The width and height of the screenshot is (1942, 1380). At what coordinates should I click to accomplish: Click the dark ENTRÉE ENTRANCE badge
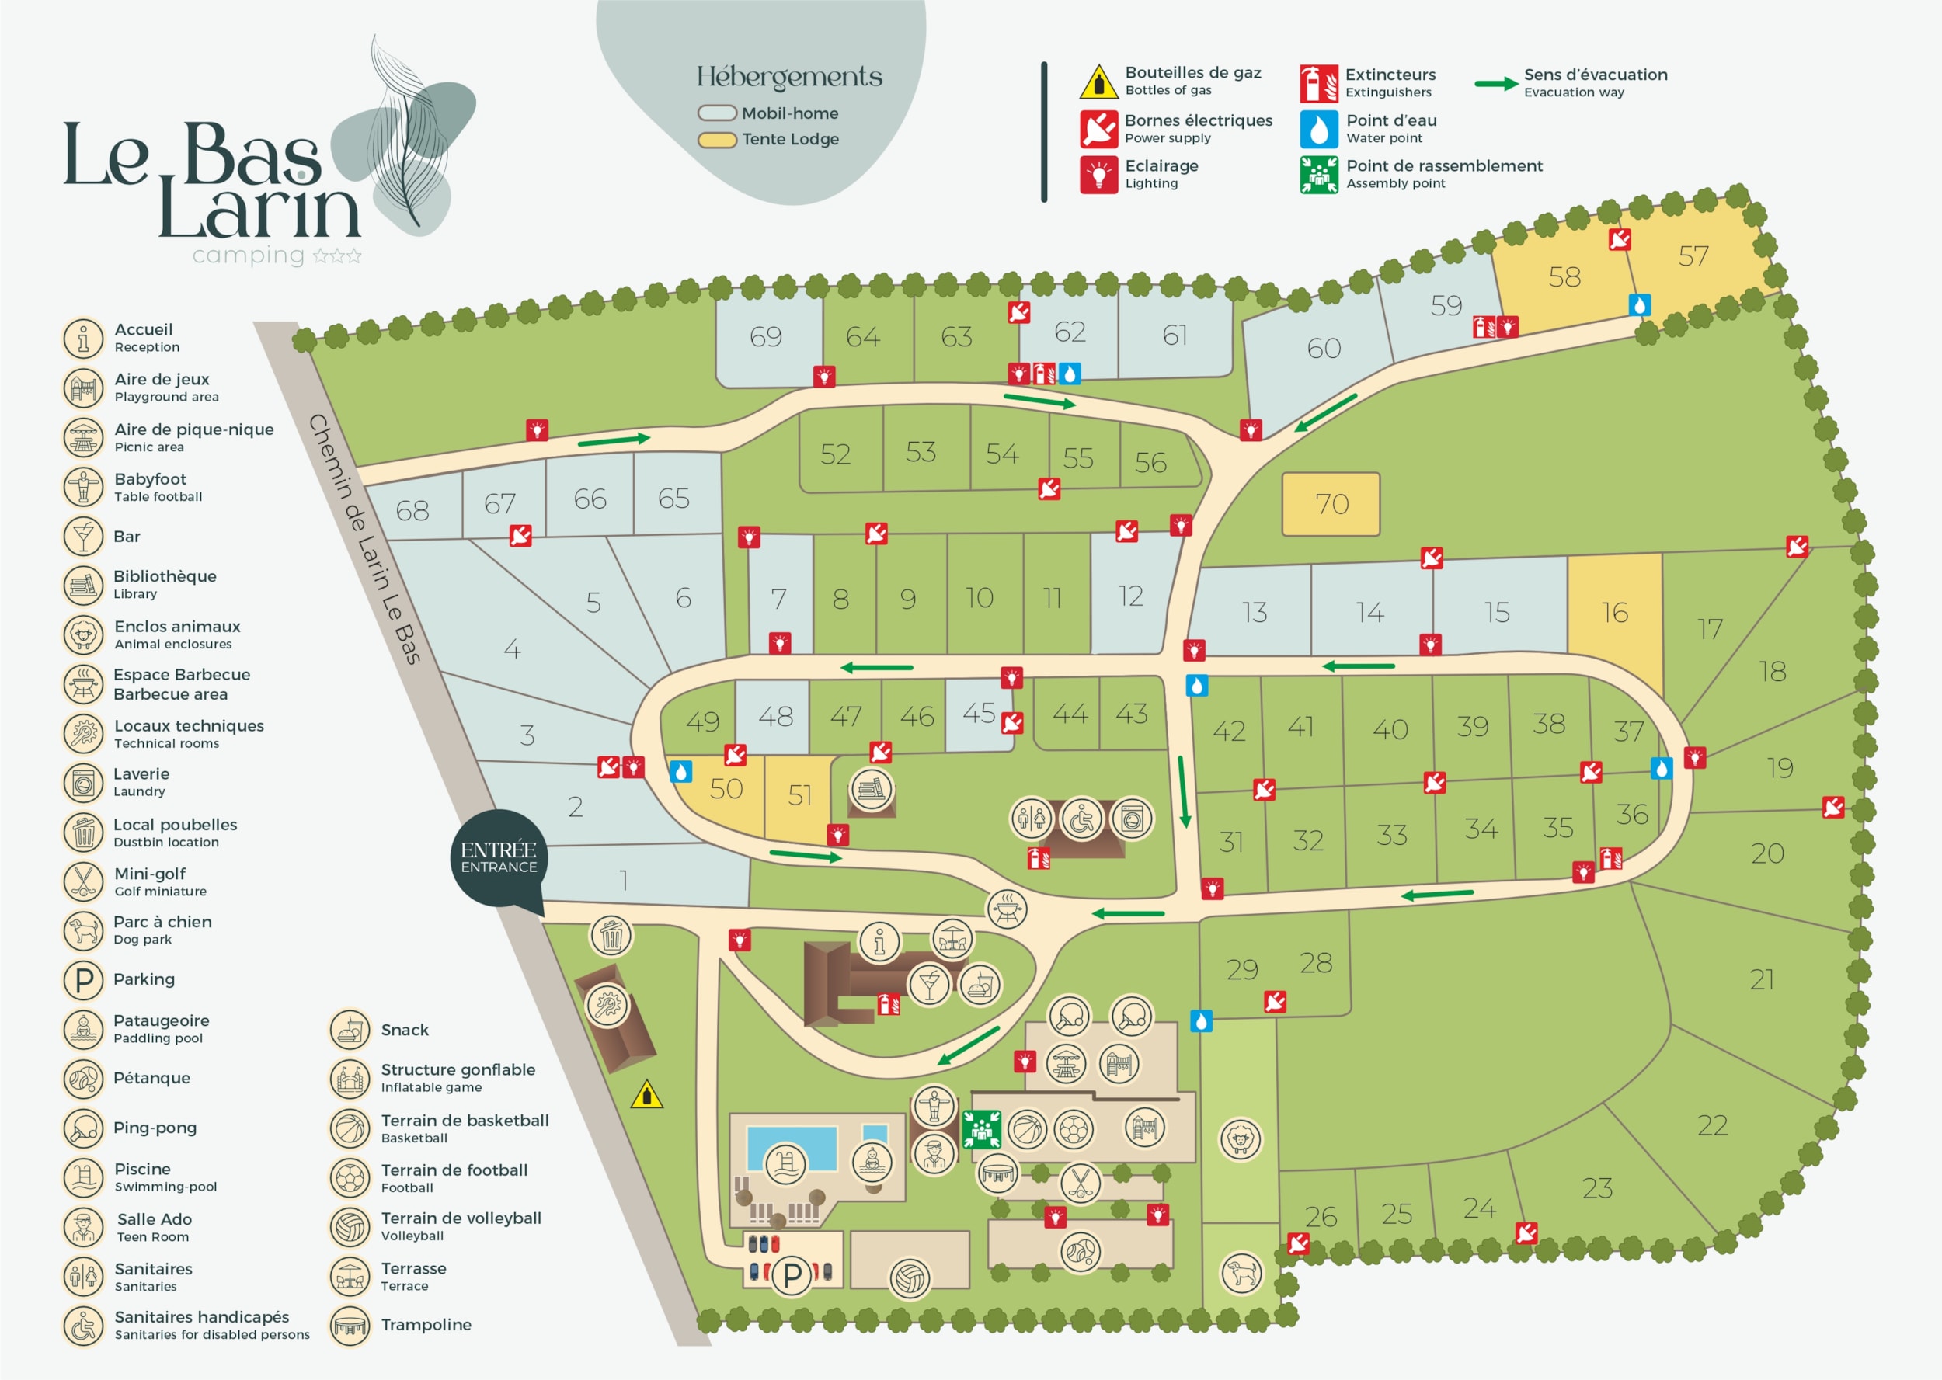point(499,859)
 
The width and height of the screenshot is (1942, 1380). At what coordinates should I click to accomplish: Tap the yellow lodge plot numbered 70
point(1330,504)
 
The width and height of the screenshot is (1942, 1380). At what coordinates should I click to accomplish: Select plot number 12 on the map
point(1131,595)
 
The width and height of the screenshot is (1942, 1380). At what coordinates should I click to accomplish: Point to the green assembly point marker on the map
point(982,1129)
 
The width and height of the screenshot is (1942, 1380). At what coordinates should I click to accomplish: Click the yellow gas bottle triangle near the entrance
point(647,1094)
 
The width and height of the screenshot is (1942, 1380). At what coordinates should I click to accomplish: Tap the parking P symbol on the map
point(792,1274)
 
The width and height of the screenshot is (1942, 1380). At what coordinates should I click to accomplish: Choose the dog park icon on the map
point(1241,1273)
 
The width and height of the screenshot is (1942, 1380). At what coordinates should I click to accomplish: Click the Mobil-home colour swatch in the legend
point(716,113)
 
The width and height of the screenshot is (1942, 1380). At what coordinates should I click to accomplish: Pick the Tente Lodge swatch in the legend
point(716,139)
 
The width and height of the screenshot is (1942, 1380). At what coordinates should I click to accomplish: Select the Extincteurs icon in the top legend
point(1318,83)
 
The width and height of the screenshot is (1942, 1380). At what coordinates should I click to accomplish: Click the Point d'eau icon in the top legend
point(1318,129)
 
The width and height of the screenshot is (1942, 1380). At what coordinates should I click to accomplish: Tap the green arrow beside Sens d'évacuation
point(1496,83)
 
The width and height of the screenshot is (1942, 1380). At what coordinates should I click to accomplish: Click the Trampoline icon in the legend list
point(350,1325)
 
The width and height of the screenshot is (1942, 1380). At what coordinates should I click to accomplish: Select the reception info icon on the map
point(879,941)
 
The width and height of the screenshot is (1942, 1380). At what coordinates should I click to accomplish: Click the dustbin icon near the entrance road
point(611,937)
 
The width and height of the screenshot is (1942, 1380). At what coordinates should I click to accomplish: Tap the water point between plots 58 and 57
point(1640,304)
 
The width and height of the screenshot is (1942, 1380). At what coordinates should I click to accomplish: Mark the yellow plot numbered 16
point(1614,612)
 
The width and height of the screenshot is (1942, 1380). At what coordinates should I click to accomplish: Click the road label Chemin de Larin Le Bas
point(364,539)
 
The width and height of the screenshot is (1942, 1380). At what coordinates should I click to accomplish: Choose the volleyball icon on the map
point(910,1278)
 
